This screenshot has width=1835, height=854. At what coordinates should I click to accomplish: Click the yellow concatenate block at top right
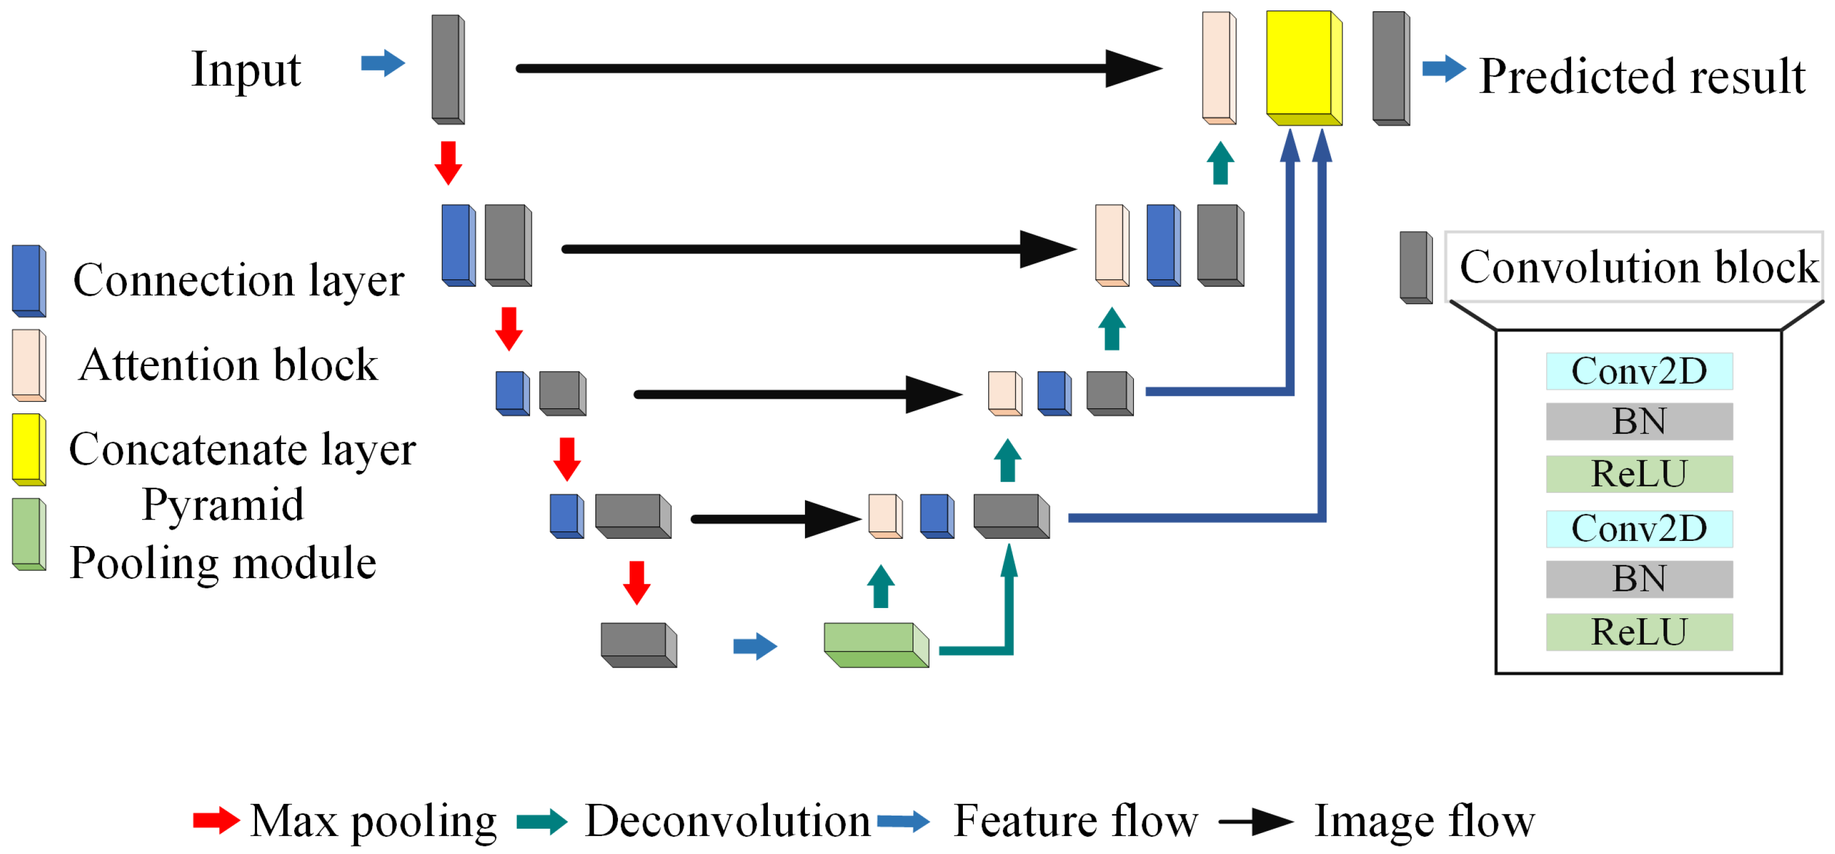coord(1302,65)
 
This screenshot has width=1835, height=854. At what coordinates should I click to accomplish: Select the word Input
coord(246,70)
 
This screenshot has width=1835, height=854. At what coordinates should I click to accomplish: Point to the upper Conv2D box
coord(1638,371)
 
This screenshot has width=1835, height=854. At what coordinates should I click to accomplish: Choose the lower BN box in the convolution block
coord(1638,578)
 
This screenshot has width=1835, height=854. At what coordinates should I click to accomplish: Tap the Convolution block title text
coord(1638,267)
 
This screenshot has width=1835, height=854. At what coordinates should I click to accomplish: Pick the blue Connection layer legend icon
coord(29,280)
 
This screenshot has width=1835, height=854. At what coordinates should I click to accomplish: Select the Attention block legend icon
coord(29,364)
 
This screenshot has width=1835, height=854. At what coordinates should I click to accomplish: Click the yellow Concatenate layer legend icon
coord(29,449)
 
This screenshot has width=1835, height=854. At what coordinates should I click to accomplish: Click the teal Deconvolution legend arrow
coord(541,821)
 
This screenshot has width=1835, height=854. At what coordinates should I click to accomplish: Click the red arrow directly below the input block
coord(448,162)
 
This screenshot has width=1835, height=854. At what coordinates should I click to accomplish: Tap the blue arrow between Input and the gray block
coord(383,63)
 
